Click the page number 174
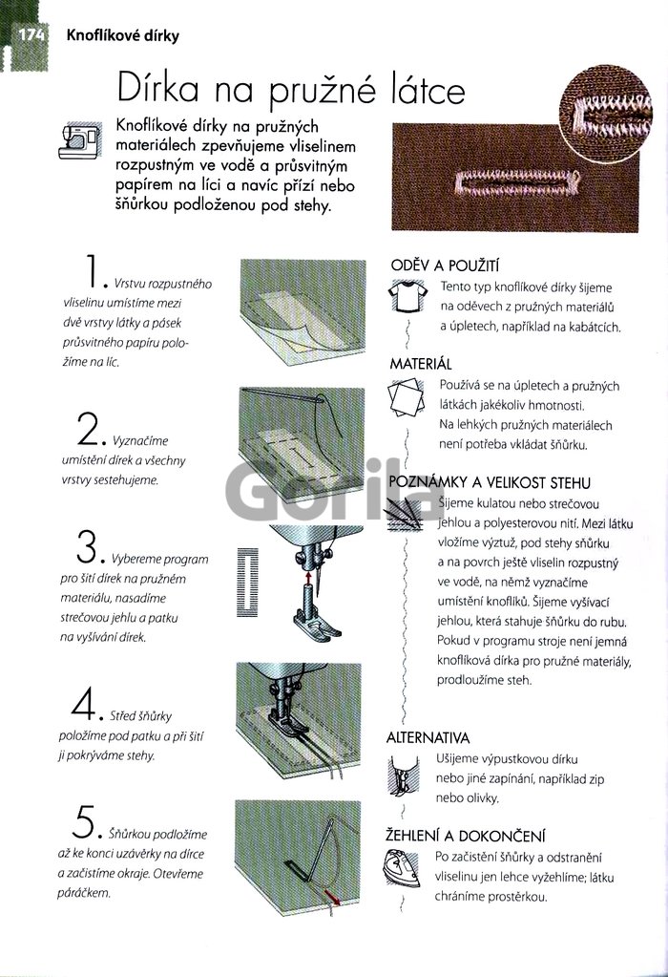tap(31, 34)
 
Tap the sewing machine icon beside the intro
tap(80, 141)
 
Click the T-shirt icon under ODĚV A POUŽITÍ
tap(407, 296)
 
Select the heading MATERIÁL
tap(421, 364)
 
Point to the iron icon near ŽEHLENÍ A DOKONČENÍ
tap(402, 868)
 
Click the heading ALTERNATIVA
tap(428, 738)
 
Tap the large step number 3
tap(87, 546)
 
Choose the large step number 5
tap(83, 821)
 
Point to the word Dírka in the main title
tap(158, 89)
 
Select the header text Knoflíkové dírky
tap(123, 35)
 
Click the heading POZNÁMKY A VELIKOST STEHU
tap(490, 482)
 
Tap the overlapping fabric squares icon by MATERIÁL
tap(406, 397)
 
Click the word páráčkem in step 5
tap(83, 893)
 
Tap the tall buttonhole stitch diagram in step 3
tap(248, 583)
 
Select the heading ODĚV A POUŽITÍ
tap(445, 266)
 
